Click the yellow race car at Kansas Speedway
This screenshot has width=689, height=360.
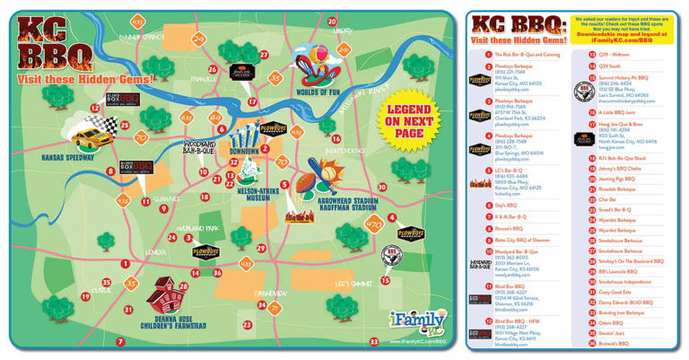87,136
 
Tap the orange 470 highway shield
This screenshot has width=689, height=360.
374,224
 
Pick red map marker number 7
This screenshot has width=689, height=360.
120,342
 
